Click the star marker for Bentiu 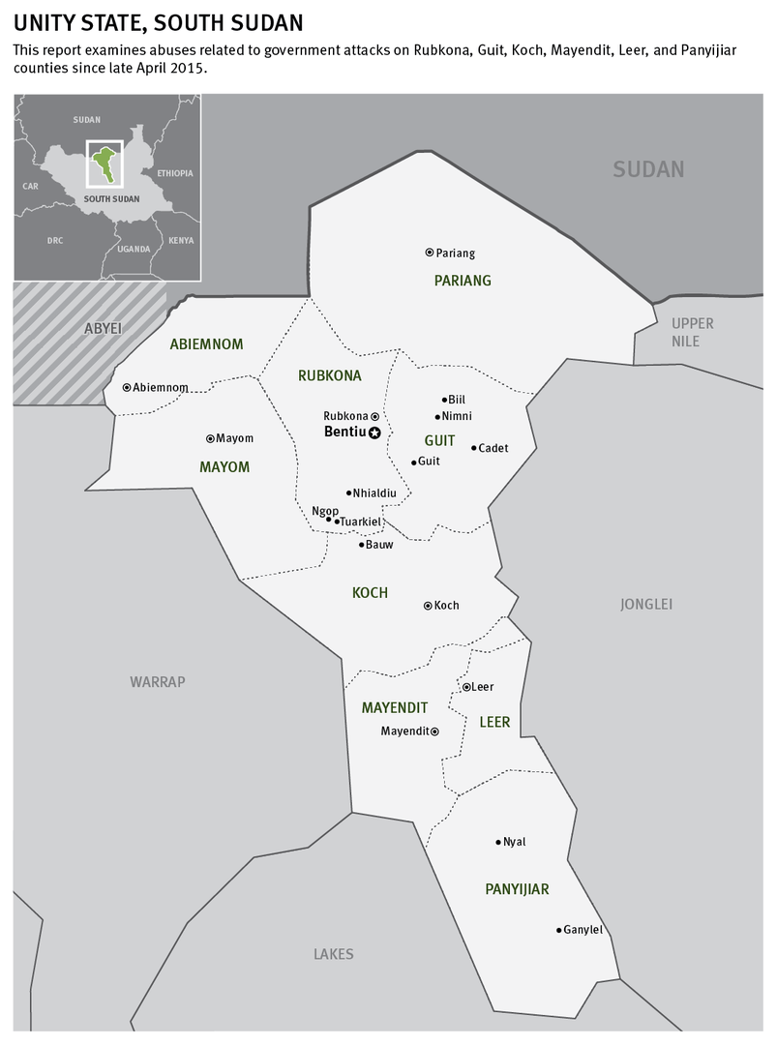click(x=374, y=433)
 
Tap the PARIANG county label click(x=463, y=281)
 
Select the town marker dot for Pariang click(x=430, y=253)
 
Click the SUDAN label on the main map click(x=648, y=169)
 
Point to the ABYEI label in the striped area click(x=104, y=328)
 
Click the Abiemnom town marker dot click(x=127, y=387)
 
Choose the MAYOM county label click(x=224, y=467)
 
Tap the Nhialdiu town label click(x=374, y=493)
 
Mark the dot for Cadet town click(x=474, y=447)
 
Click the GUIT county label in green click(x=439, y=440)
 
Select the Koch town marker click(x=428, y=606)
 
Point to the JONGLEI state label click(x=646, y=605)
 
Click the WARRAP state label click(x=158, y=682)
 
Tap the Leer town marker click(x=466, y=687)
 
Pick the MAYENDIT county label click(x=395, y=708)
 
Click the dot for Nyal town click(x=498, y=842)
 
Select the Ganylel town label click(x=583, y=930)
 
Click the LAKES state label click(x=334, y=954)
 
